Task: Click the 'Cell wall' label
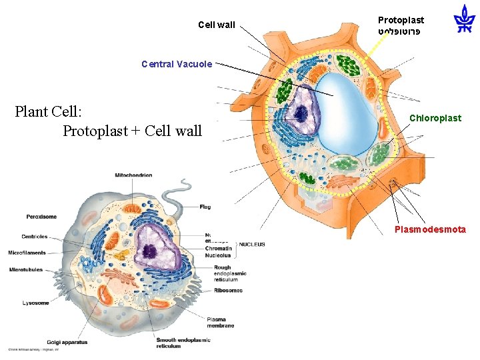(x=217, y=25)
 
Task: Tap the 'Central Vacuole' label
(x=177, y=65)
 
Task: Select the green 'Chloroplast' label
(x=435, y=118)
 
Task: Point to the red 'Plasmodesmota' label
(x=430, y=229)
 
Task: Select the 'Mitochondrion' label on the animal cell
(x=133, y=175)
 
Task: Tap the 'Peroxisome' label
(x=41, y=217)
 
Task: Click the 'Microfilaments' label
(x=27, y=253)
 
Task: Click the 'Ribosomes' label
(x=228, y=290)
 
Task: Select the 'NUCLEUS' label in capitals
(x=251, y=245)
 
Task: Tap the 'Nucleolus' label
(x=219, y=255)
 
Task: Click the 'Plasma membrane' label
(x=221, y=322)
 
